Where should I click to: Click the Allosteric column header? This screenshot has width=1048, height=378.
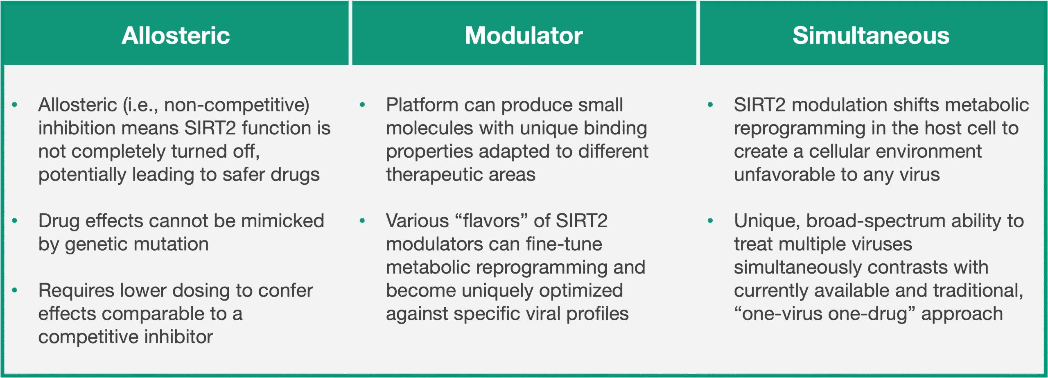(176, 35)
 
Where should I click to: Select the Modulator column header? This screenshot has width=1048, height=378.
(524, 35)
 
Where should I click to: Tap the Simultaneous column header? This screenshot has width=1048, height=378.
(871, 35)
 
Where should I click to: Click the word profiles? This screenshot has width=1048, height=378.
(597, 314)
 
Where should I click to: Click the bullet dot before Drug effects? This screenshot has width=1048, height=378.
(15, 221)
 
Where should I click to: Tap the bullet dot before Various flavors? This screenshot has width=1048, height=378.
(362, 221)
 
